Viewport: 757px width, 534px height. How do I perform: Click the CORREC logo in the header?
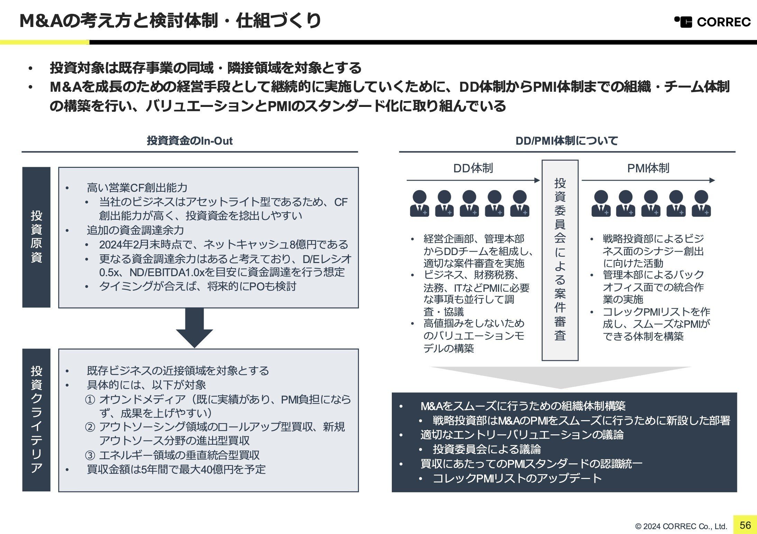point(712,22)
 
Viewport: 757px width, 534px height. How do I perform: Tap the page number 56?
point(745,525)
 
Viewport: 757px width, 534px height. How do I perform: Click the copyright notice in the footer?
point(681,526)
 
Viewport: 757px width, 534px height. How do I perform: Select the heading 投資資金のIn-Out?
point(190,141)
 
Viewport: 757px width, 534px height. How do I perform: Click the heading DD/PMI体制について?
point(566,141)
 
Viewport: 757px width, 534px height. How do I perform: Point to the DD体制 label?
point(473,168)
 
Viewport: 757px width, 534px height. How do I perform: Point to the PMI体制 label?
point(648,168)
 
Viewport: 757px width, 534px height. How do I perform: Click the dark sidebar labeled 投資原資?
point(36,237)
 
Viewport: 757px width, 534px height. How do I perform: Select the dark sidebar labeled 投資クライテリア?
point(36,420)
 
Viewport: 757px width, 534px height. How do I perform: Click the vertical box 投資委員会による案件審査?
point(560,260)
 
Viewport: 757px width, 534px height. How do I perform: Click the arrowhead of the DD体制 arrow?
point(537,180)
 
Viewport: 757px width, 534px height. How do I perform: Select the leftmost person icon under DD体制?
point(419,203)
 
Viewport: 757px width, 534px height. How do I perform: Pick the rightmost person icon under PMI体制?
point(701,203)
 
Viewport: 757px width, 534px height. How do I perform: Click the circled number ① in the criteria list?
point(90,400)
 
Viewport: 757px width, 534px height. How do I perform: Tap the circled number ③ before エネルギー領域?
point(90,455)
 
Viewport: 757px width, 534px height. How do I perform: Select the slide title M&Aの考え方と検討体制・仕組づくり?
point(170,21)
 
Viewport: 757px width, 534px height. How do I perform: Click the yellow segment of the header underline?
point(44,42)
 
